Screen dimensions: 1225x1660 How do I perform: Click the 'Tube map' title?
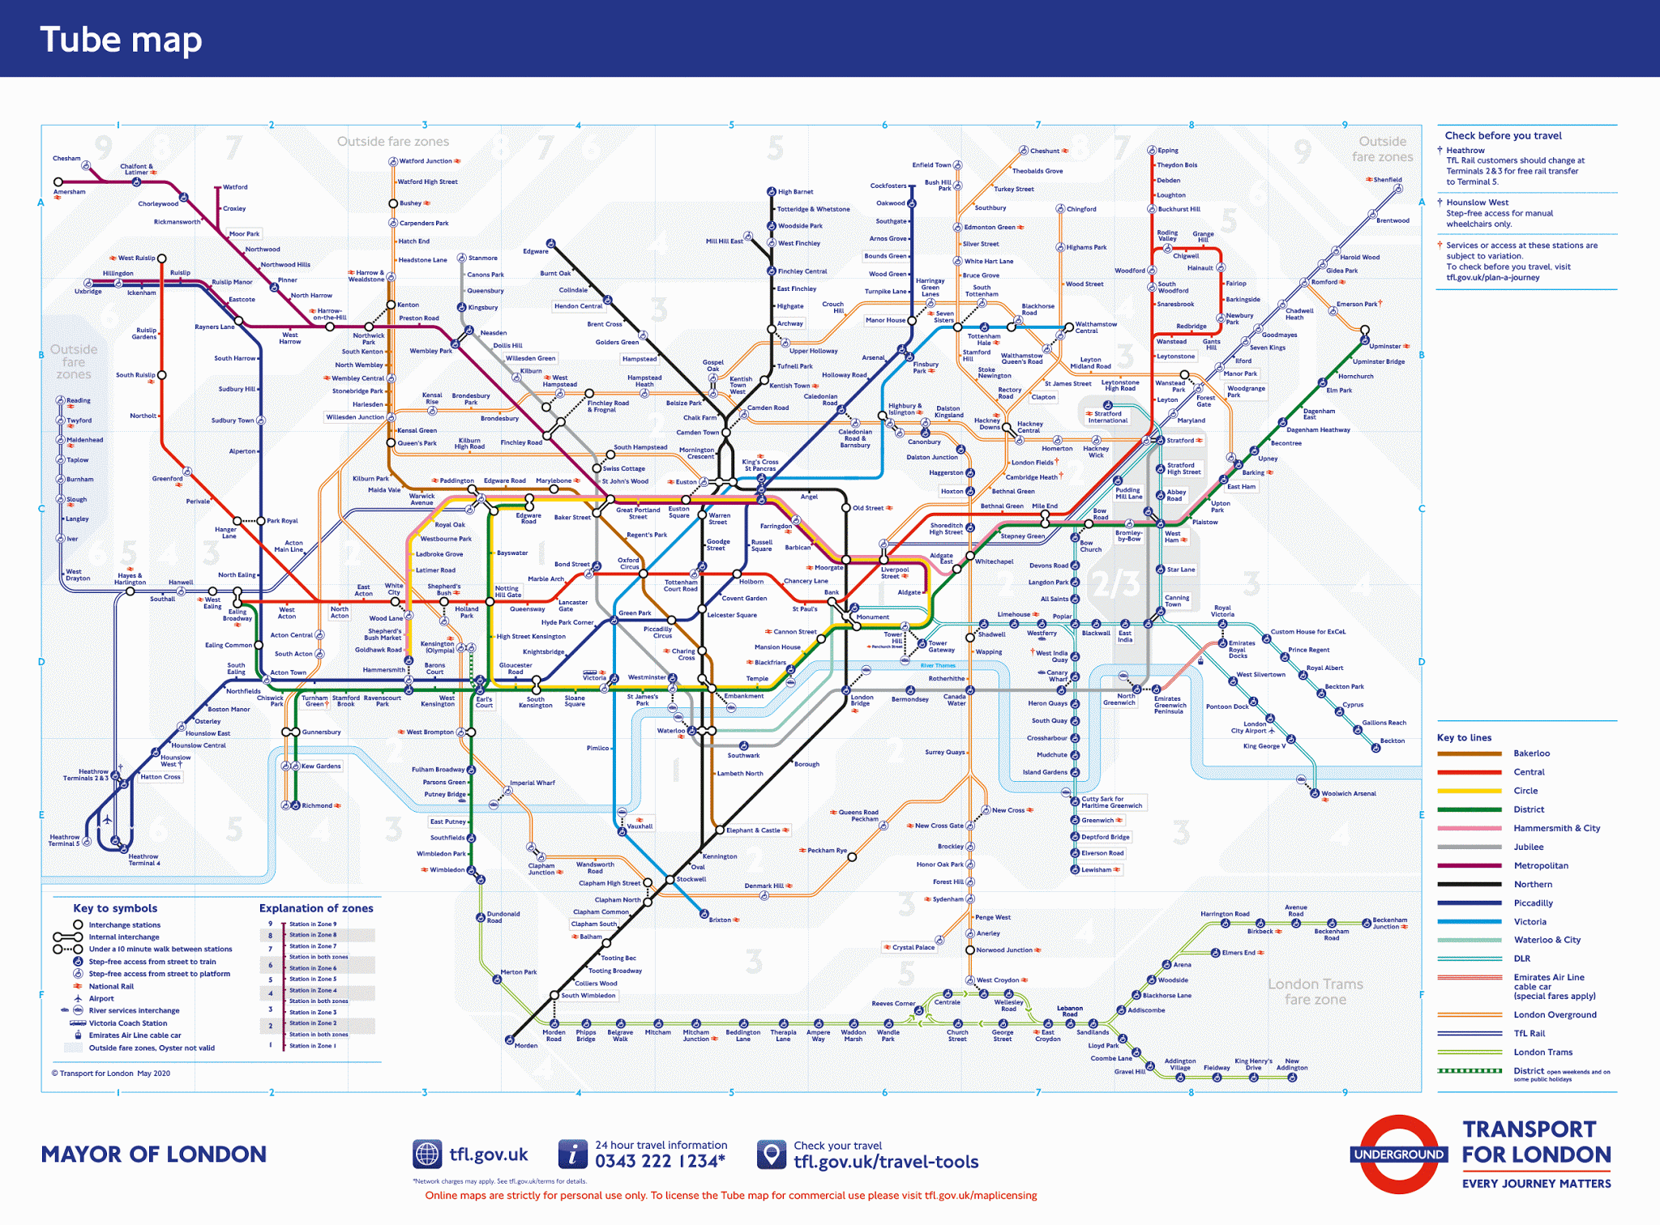(x=121, y=40)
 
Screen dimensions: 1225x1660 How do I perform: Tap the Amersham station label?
(x=69, y=192)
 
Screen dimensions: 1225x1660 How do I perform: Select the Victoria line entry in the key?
(x=1530, y=922)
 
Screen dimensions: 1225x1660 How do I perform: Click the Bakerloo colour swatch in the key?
(x=1469, y=753)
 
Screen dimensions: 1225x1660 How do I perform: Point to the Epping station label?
(x=1168, y=151)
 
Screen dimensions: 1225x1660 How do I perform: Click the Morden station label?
(x=526, y=1045)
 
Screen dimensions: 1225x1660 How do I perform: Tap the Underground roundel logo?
(x=1399, y=1155)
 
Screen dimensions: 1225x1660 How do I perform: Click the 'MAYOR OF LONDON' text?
(x=154, y=1155)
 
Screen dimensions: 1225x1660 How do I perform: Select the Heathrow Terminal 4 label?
(x=143, y=860)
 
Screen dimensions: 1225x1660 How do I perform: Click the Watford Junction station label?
(x=426, y=161)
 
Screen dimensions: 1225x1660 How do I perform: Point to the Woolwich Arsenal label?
(x=1349, y=794)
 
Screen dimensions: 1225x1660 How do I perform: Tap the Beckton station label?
(x=1393, y=741)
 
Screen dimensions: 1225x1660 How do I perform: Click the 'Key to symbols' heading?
(x=115, y=908)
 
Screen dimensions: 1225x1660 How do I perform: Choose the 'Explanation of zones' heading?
(x=316, y=908)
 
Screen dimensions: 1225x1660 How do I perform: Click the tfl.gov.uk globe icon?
(x=427, y=1155)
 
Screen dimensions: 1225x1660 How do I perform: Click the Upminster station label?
(x=1385, y=346)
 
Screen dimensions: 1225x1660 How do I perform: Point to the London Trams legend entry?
(x=1542, y=1052)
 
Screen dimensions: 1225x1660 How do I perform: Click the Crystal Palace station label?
(x=913, y=947)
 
